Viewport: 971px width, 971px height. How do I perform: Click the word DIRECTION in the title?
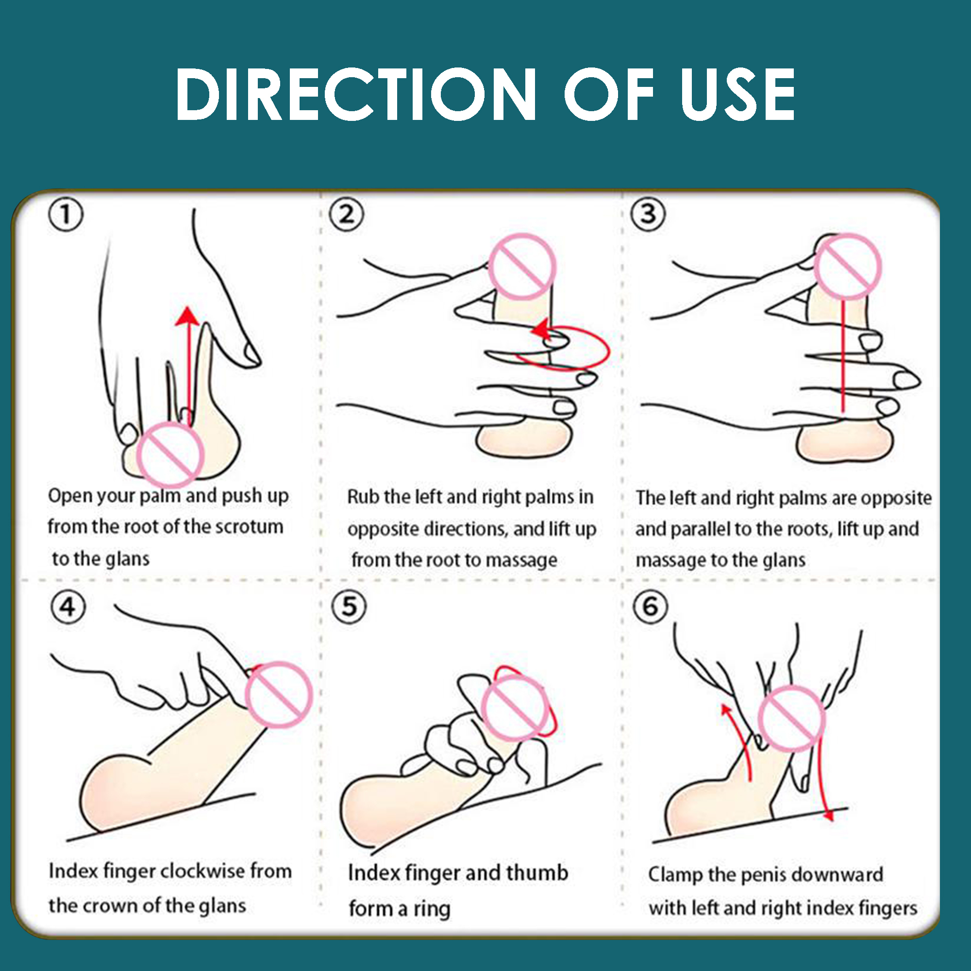point(356,94)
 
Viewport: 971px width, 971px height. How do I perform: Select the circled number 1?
point(66,215)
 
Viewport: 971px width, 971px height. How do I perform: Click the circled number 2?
point(346,215)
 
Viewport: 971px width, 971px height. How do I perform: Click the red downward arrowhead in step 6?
point(828,814)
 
